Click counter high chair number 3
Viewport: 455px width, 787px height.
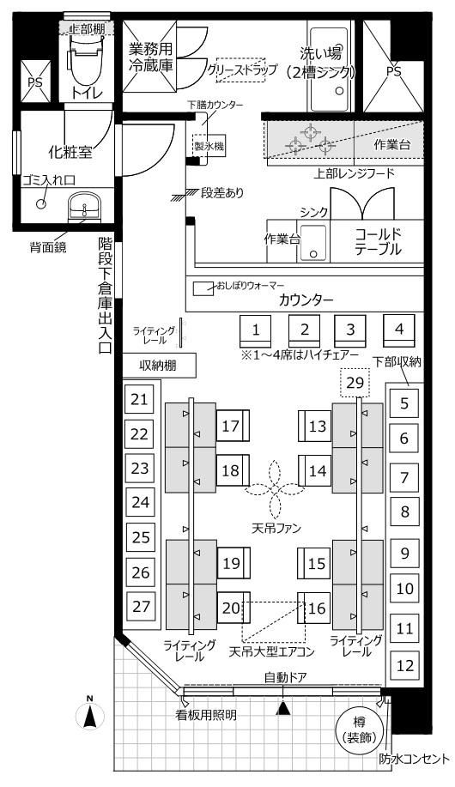(x=350, y=330)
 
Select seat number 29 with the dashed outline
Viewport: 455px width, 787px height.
(x=355, y=383)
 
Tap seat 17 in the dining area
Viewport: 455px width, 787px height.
(x=233, y=426)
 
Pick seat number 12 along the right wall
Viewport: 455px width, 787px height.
(x=404, y=665)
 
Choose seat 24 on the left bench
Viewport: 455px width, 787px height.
(x=140, y=502)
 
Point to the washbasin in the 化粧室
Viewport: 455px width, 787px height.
(x=84, y=206)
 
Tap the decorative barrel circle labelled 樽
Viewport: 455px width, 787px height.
(x=359, y=730)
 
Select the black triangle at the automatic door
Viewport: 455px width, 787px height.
(x=284, y=708)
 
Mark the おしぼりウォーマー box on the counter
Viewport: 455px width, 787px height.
(x=203, y=288)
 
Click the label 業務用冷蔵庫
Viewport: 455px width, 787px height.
(x=150, y=58)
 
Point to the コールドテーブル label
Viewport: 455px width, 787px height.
(x=378, y=241)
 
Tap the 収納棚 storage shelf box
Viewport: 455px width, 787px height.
(x=159, y=366)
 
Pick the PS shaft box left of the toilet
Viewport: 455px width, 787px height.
(x=35, y=82)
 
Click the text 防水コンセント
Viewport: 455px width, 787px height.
(x=415, y=759)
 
